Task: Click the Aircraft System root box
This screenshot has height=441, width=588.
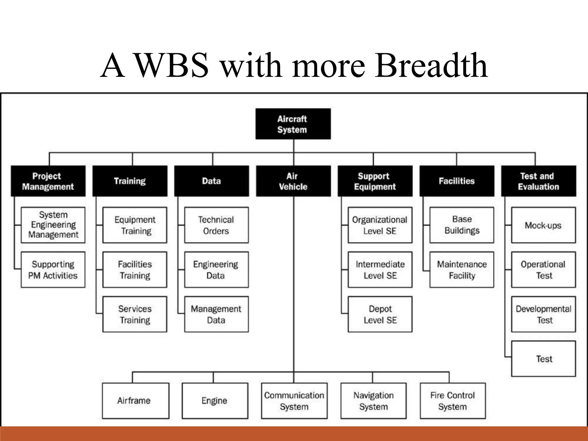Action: pos(293,124)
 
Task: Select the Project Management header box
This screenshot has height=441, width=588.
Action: pos(48,181)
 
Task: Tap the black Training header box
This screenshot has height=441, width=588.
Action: pos(130,181)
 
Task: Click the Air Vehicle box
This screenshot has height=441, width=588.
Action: pos(293,181)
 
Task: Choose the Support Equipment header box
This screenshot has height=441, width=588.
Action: pos(375,181)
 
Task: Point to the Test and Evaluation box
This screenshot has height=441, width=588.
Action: pos(539,181)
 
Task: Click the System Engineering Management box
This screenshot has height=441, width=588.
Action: pos(53,225)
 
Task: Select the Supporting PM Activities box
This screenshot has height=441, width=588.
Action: pos(53,270)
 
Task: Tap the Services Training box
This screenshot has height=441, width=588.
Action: pos(135,314)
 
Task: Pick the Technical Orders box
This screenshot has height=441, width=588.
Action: pos(216,225)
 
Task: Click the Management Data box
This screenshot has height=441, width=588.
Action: pos(216,314)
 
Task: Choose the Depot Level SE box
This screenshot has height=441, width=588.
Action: pos(380,314)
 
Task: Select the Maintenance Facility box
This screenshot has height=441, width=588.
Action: pos(462,270)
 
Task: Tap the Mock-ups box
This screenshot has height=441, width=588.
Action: pos(543,225)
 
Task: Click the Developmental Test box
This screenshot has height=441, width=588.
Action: pos(543,314)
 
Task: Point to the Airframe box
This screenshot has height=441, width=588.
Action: pos(136,401)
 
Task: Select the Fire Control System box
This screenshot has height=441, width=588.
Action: pos(453,401)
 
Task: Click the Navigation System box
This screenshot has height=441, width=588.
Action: pos(373,401)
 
